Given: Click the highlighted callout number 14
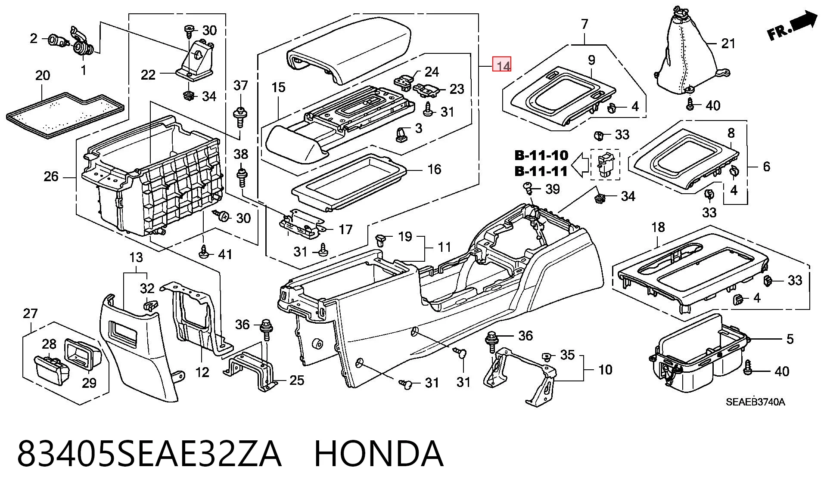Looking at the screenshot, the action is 502,65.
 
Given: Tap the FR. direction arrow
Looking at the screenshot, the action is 793,27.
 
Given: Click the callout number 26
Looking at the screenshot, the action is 51,176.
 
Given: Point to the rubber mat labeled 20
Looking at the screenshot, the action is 67,114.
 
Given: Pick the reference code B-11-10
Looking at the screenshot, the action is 541,155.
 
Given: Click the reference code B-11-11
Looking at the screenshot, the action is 541,171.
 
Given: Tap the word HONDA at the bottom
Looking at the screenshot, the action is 379,454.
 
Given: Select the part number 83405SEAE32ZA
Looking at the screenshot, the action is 149,454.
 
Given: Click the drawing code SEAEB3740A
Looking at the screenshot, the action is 755,402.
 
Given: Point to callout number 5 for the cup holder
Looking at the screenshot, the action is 790,339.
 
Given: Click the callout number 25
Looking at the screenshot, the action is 297,380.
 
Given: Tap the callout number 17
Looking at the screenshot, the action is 345,229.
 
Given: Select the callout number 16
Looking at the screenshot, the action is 434,169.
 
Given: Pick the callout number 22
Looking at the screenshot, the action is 148,75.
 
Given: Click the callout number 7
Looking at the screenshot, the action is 584,24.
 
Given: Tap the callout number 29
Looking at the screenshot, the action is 89,383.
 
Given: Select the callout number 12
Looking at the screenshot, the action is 202,372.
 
